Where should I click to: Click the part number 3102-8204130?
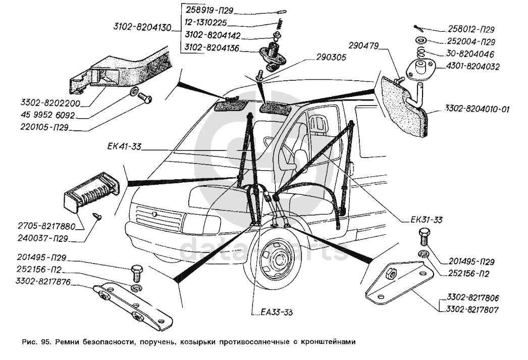(x=143, y=27)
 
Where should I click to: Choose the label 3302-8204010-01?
(x=478, y=108)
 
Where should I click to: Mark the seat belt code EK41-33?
(x=124, y=147)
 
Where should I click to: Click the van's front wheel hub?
(x=275, y=264)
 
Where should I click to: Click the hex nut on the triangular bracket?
(x=390, y=276)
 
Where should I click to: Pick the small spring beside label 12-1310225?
(x=277, y=23)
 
